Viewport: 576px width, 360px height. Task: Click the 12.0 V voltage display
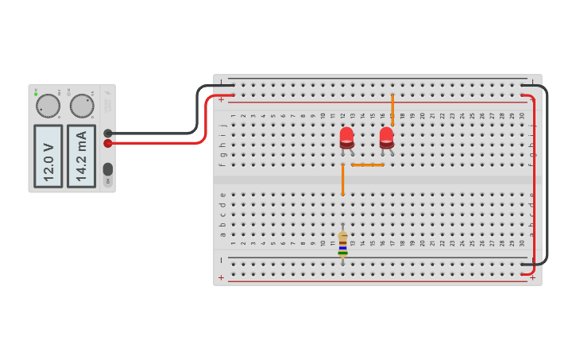[48, 155]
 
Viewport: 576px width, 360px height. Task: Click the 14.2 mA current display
[81, 155]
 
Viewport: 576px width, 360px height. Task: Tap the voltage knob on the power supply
[48, 106]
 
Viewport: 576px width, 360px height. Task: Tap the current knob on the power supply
[81, 106]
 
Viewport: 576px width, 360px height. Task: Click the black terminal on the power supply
[108, 134]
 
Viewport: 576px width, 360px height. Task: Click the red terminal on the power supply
[108, 143]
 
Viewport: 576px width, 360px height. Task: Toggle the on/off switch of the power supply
[108, 168]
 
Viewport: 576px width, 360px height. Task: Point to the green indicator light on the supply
[36, 94]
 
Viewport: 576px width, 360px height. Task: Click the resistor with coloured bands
[342, 244]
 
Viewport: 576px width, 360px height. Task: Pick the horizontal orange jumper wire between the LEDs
[367, 165]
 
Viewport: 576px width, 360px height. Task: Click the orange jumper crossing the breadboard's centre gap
[342, 180]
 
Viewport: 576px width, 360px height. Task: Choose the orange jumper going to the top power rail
[392, 110]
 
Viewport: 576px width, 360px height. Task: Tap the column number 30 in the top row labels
[522, 116]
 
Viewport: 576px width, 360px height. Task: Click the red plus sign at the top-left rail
[221, 99]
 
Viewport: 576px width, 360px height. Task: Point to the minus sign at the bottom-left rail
[221, 260]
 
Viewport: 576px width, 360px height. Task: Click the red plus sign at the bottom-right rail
[532, 278]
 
